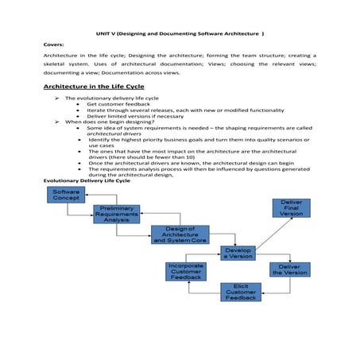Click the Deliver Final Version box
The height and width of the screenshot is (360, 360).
[x=291, y=208]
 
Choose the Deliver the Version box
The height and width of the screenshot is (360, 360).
[x=289, y=269]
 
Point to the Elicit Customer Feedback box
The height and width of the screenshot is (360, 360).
[x=240, y=292]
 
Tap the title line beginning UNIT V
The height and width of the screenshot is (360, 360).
[x=180, y=34]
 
